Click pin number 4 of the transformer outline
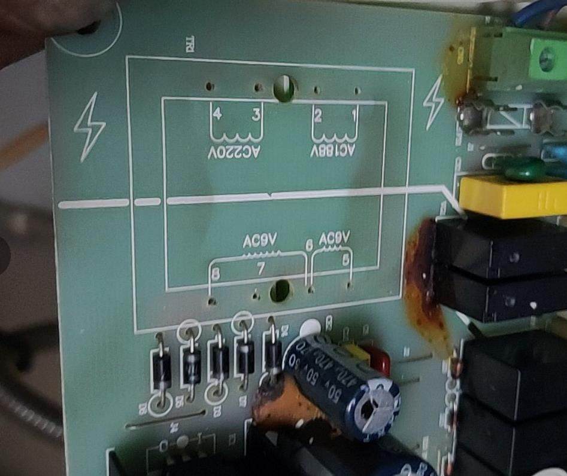pyautogui.click(x=217, y=113)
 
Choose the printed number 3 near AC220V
pyautogui.click(x=256, y=114)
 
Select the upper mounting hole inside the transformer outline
pyautogui.click(x=283, y=88)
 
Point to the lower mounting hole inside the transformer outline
pyautogui.click(x=279, y=292)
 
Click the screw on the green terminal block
pyautogui.click(x=546, y=59)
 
